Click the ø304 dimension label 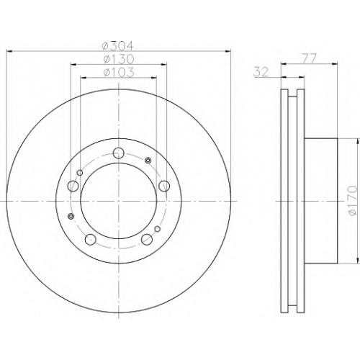point(117,45)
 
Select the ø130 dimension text point(118,59)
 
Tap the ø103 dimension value point(118,72)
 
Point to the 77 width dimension point(309,58)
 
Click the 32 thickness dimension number point(261,72)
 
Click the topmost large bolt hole point(119,153)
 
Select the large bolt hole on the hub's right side point(164,186)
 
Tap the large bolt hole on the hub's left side point(73,186)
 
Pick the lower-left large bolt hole point(91,239)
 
